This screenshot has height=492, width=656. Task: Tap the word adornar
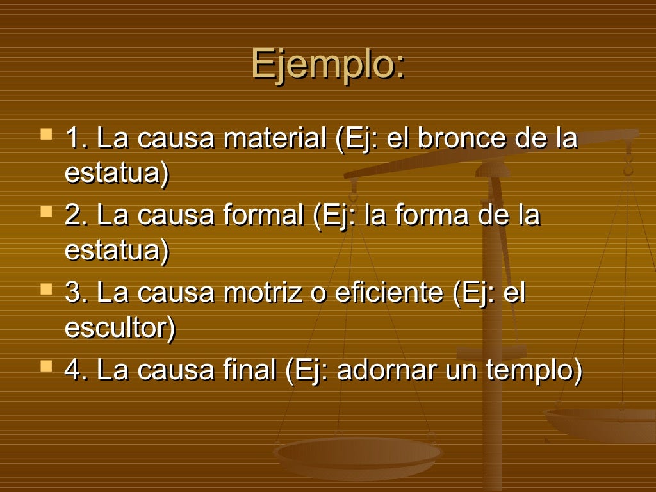pos(377,370)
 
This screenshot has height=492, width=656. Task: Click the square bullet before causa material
pos(45,135)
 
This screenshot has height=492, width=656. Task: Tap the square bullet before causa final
pos(45,366)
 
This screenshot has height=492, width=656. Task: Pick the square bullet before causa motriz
pos(45,289)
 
